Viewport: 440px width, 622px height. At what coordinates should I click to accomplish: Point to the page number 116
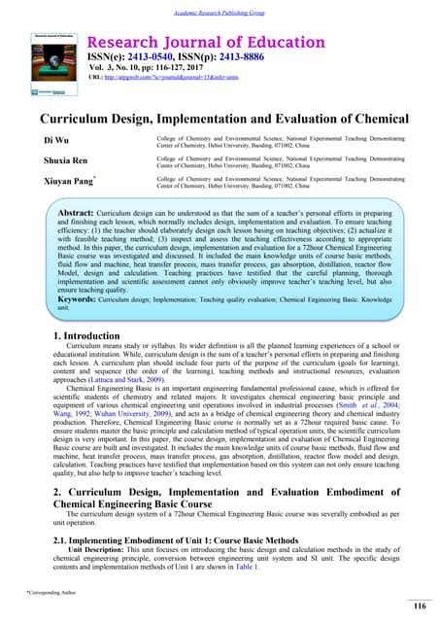point(420,606)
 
